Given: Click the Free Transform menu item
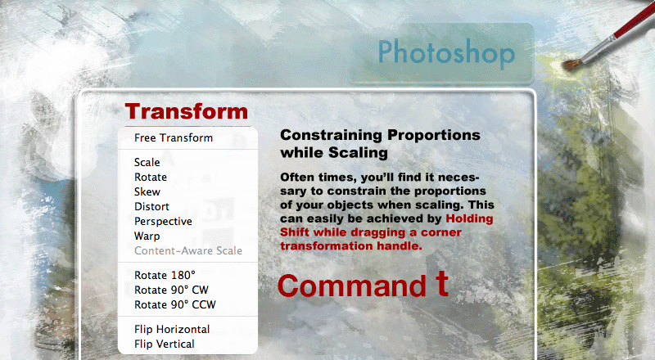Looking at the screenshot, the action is tap(174, 137).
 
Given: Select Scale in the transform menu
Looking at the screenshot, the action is tap(147, 162).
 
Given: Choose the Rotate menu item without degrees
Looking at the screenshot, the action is tap(151, 177).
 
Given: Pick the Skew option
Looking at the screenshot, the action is tap(147, 191).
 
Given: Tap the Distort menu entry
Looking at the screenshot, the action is tap(151, 207).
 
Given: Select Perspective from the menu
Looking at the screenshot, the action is tap(163, 222).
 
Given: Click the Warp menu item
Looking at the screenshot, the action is tap(147, 236).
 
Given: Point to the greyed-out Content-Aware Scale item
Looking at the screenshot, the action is tap(188, 250).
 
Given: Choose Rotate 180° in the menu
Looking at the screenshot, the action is tap(165, 275).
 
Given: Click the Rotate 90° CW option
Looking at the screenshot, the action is tap(171, 290).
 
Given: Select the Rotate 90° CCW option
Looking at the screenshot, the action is tap(175, 305).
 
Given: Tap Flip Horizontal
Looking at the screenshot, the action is tap(172, 329).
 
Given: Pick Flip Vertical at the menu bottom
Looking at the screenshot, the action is tap(165, 344).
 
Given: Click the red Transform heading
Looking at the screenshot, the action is tap(187, 111).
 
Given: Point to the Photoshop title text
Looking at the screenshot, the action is tap(446, 53).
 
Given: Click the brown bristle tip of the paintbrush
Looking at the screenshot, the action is tap(571, 65).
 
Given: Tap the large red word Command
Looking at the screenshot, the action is tap(352, 286).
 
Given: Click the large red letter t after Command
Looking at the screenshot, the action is tap(442, 284).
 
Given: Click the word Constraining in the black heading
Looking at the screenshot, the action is tap(331, 136).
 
